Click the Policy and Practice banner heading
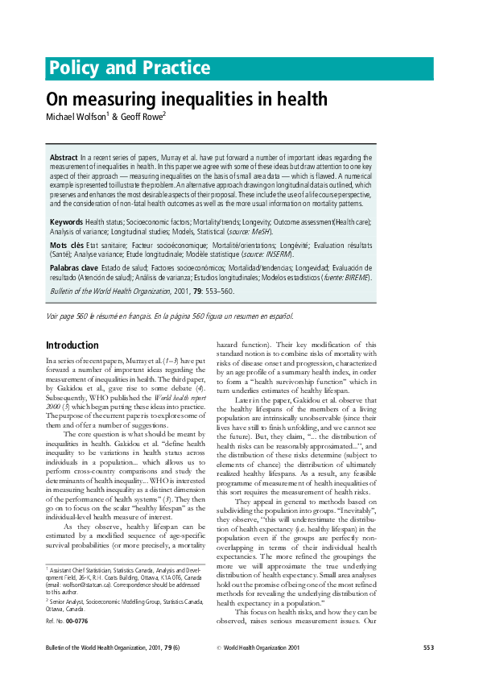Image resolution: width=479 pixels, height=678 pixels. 129,68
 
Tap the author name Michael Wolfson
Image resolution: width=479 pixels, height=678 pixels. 76,117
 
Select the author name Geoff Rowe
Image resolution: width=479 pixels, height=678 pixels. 142,117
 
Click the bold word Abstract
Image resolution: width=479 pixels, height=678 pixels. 64,158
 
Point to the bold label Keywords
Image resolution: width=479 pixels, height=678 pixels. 67,221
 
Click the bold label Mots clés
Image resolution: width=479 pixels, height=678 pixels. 67,244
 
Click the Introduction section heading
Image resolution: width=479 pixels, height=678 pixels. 72,345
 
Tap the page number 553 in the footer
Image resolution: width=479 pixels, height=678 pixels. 428,648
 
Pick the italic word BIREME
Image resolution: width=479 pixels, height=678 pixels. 353,277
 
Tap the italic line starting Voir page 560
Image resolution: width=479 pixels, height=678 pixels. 170,315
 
